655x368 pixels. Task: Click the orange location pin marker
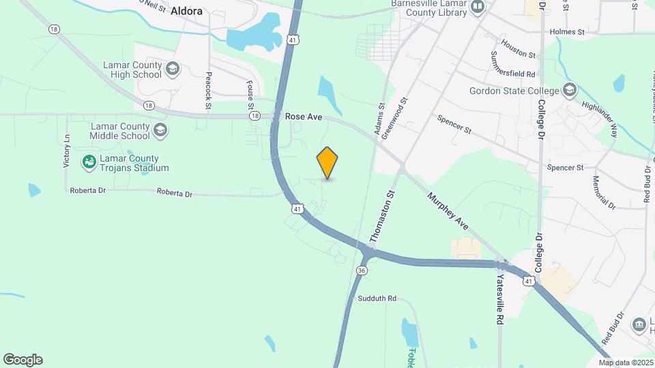(x=327, y=163)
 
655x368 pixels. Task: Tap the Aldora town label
(x=187, y=11)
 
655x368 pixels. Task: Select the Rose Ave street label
(x=304, y=117)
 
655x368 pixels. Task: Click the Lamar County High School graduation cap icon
(x=173, y=68)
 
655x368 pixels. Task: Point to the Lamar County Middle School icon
(x=160, y=130)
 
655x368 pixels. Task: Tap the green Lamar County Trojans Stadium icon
(x=89, y=162)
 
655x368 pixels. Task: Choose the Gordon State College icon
(x=569, y=90)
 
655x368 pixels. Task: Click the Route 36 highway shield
(x=362, y=271)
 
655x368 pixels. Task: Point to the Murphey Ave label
(x=448, y=211)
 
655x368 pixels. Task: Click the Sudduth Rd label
(x=377, y=298)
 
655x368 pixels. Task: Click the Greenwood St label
(x=395, y=118)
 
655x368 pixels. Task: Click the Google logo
(x=23, y=360)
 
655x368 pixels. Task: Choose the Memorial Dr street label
(x=604, y=193)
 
